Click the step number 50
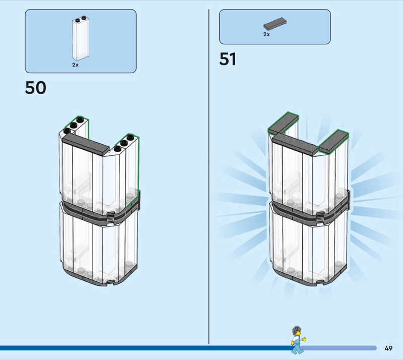pos(36,88)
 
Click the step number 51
pos(228,59)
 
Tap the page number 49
pos(388,348)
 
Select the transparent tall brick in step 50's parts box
pos(81,39)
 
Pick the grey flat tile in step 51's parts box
pos(275,24)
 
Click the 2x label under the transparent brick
pos(75,65)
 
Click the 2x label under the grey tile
pos(266,34)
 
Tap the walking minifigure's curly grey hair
pos(297,329)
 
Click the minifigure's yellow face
pos(297,333)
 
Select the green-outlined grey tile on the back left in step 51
pos(283,123)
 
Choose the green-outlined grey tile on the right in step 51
pos(334,141)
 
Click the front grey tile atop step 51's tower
pos(296,145)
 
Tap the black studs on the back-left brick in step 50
pos(74,126)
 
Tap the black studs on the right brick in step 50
pos(124,143)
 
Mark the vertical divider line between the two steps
pos(209,176)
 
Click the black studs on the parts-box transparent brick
pos(80,19)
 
